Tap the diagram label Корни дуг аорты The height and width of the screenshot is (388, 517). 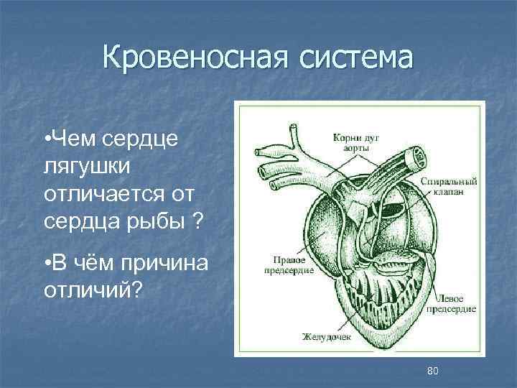[x=352, y=142]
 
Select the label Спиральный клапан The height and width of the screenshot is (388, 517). [x=447, y=186]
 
